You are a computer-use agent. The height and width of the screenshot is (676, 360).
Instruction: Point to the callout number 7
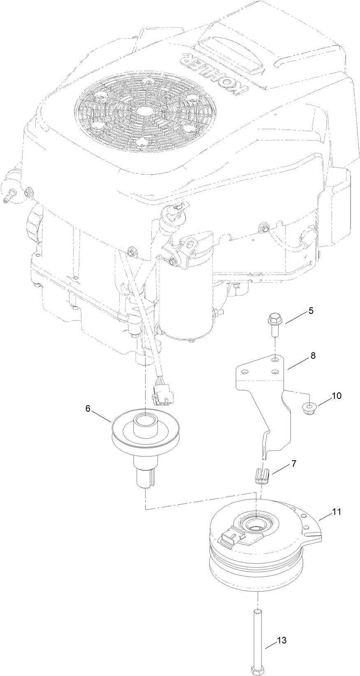pyautogui.click(x=294, y=463)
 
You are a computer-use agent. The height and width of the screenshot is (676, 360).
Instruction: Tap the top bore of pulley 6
pyautogui.click(x=146, y=421)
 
